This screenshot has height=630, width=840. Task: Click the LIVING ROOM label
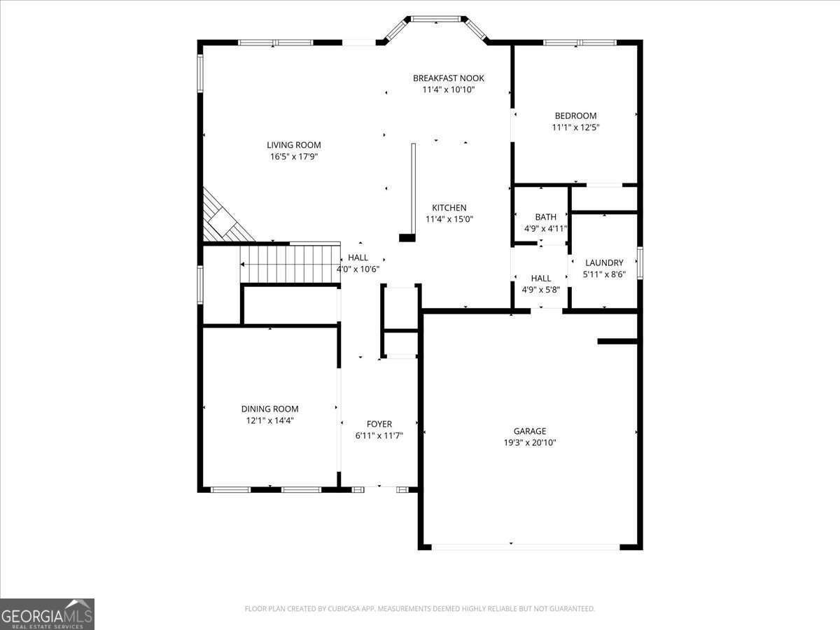click(x=293, y=145)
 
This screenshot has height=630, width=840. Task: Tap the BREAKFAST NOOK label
click(x=448, y=78)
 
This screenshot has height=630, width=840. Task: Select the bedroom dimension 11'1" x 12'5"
click(x=575, y=127)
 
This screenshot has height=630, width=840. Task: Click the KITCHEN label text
click(x=449, y=208)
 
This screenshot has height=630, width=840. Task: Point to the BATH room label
click(x=545, y=217)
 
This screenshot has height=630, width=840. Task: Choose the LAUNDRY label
click(x=604, y=263)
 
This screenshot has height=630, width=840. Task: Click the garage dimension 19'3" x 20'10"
click(x=529, y=442)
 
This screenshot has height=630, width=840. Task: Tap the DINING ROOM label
click(x=269, y=409)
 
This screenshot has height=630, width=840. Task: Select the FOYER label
click(x=379, y=424)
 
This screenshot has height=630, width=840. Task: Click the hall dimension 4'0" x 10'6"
click(x=358, y=269)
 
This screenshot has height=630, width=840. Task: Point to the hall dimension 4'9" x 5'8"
click(x=540, y=289)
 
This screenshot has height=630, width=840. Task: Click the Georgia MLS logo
click(x=47, y=614)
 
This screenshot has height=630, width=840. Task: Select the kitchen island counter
click(x=413, y=189)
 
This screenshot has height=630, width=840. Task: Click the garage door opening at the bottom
click(x=525, y=546)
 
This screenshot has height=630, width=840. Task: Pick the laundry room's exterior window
click(x=640, y=263)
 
